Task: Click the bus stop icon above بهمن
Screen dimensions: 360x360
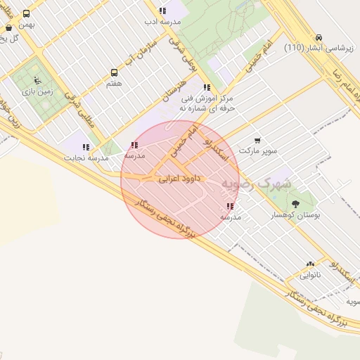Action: click(x=27, y=13)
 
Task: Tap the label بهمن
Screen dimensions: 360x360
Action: click(x=27, y=25)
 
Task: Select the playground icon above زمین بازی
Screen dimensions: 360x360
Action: click(x=37, y=79)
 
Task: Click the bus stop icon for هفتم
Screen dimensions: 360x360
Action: click(x=114, y=72)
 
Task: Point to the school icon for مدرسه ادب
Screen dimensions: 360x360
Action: click(x=162, y=11)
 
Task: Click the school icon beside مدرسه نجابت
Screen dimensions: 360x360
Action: click(x=86, y=147)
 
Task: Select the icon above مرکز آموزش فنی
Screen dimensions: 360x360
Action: click(x=206, y=87)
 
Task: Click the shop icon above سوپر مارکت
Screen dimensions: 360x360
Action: click(x=257, y=140)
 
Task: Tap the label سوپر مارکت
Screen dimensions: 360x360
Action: click(x=258, y=150)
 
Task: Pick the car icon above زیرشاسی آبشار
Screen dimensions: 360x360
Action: click(x=319, y=37)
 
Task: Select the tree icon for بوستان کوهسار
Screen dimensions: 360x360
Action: click(x=295, y=205)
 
